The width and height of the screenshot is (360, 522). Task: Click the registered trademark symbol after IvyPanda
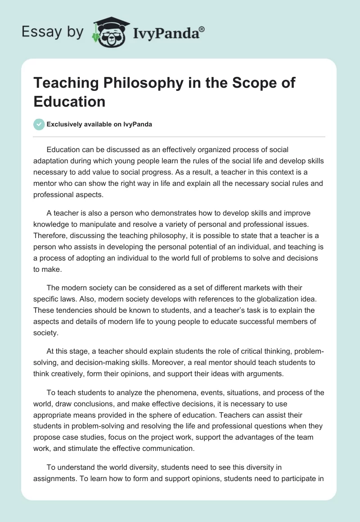(x=202, y=29)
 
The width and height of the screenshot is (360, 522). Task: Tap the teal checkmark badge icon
(x=39, y=124)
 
